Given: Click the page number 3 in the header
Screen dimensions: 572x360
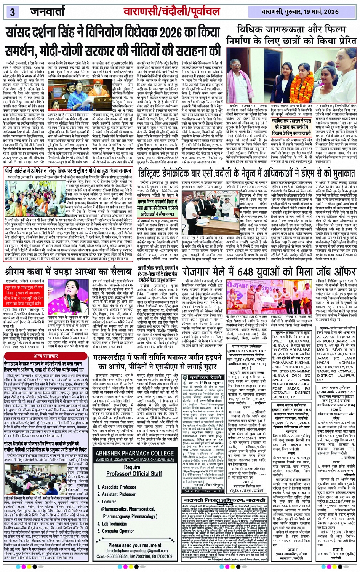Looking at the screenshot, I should click(12, 12).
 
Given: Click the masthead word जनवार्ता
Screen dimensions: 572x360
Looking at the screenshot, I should click(48, 11).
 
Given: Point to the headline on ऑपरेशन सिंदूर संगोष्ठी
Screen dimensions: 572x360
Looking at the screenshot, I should click(69, 171).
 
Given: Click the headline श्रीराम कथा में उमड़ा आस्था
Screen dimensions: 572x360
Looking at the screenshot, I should click(68, 272).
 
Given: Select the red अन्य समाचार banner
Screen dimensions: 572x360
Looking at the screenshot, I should click(46, 356).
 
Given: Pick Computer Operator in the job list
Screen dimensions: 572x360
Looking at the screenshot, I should click(118, 531).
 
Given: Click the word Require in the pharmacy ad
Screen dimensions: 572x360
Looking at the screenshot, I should click(132, 467).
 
